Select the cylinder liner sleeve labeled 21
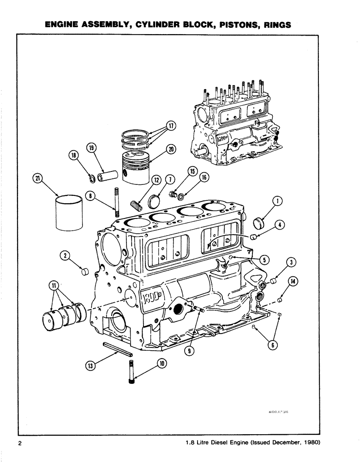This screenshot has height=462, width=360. pyautogui.click(x=70, y=215)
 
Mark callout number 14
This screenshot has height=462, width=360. pyautogui.click(x=292, y=281)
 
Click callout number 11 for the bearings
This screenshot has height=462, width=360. pyautogui.click(x=54, y=287)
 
